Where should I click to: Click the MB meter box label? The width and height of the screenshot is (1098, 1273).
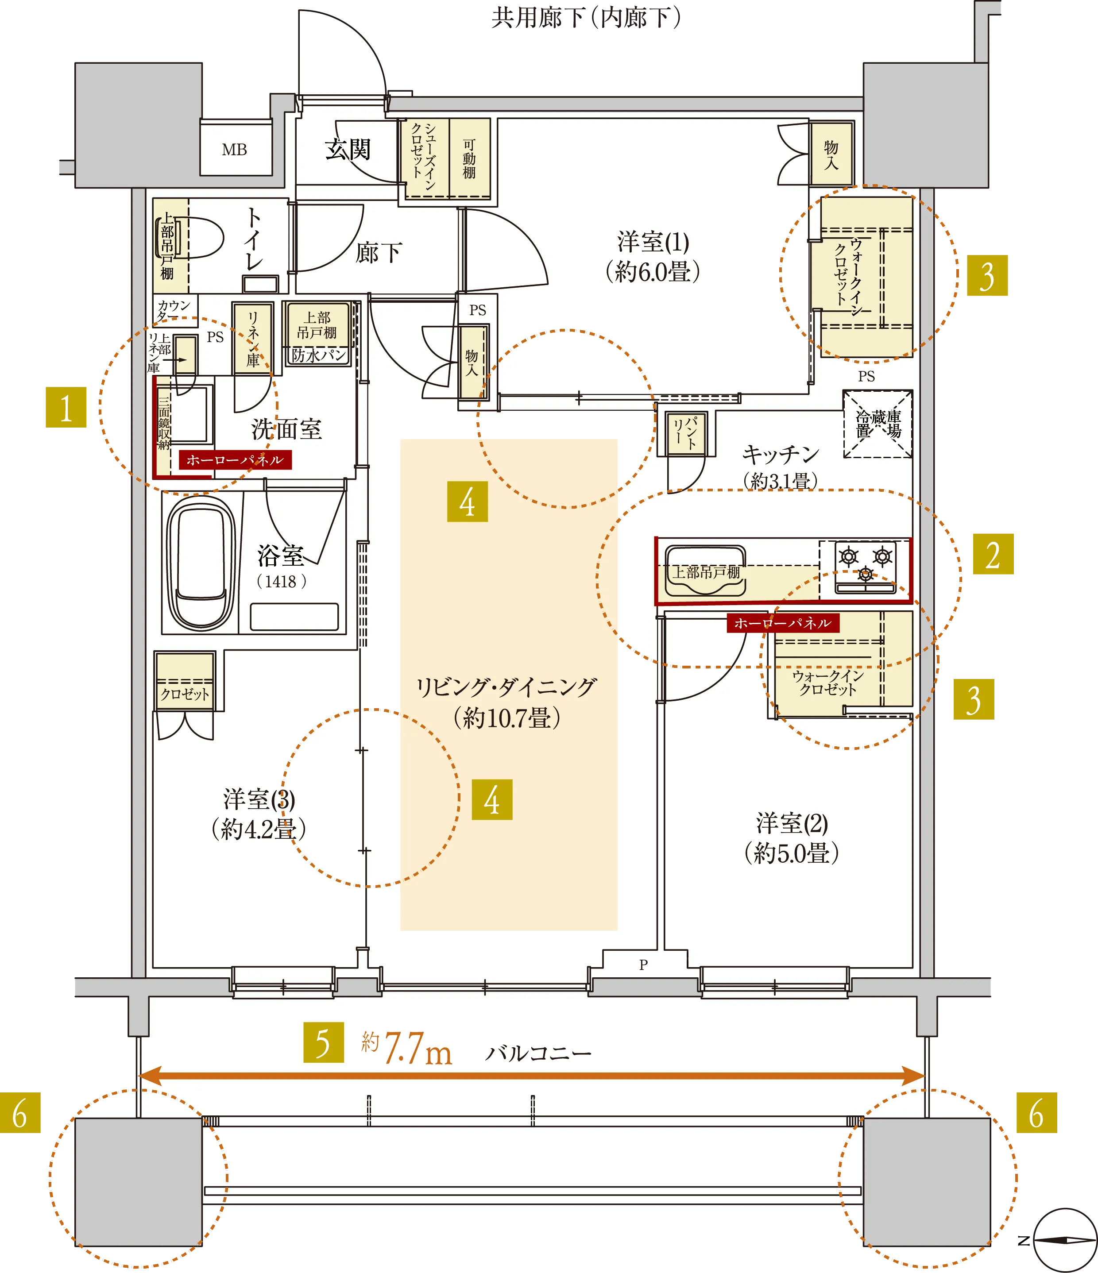(x=235, y=150)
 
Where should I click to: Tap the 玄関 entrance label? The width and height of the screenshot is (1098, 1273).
(x=348, y=149)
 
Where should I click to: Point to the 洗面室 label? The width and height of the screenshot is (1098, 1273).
(x=286, y=429)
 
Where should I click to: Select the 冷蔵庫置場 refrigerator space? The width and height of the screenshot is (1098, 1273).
(x=878, y=424)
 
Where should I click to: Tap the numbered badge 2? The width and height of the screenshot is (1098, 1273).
(x=993, y=554)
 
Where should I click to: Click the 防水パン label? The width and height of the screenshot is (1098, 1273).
(x=319, y=355)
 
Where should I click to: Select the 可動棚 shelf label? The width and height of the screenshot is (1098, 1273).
(x=469, y=158)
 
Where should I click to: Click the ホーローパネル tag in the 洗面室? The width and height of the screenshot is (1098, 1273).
(x=235, y=459)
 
